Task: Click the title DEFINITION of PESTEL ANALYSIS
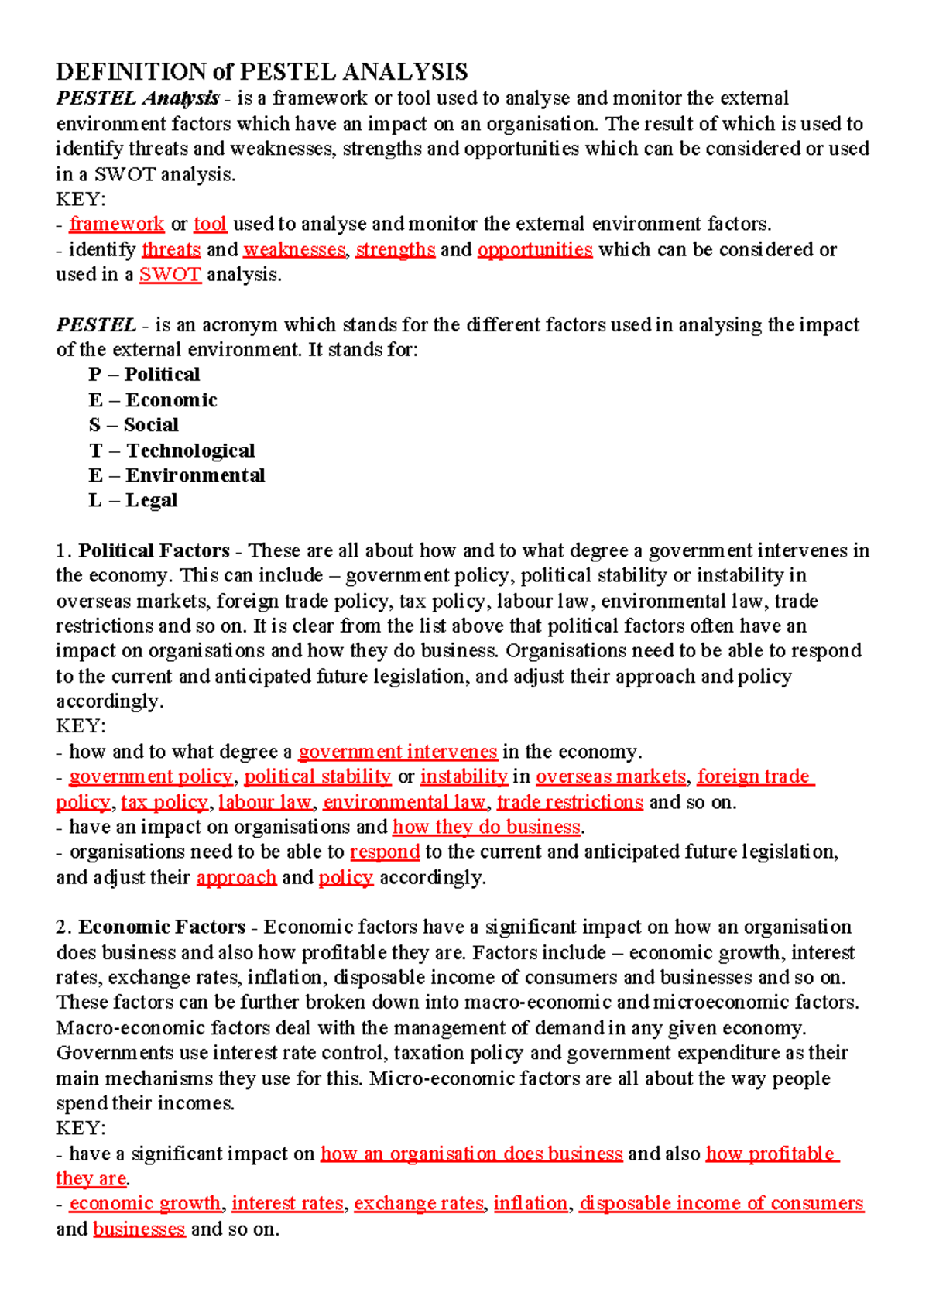[x=262, y=72]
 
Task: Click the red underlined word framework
[x=116, y=225]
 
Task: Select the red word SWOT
[x=170, y=275]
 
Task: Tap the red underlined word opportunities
[x=535, y=249]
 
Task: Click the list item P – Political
[x=144, y=375]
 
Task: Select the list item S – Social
[x=133, y=425]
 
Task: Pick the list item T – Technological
[x=171, y=451]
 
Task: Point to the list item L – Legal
[x=132, y=501]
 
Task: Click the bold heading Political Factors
[x=154, y=551]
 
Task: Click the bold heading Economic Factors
[x=162, y=927]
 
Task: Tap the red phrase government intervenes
[x=397, y=752]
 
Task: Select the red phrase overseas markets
[x=611, y=776]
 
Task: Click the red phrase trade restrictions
[x=570, y=802]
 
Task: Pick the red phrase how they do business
[x=486, y=827]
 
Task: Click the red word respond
[x=385, y=852]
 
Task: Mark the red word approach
[x=236, y=877]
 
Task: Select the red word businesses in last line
[x=139, y=1229]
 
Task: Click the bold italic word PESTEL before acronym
[x=96, y=325]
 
